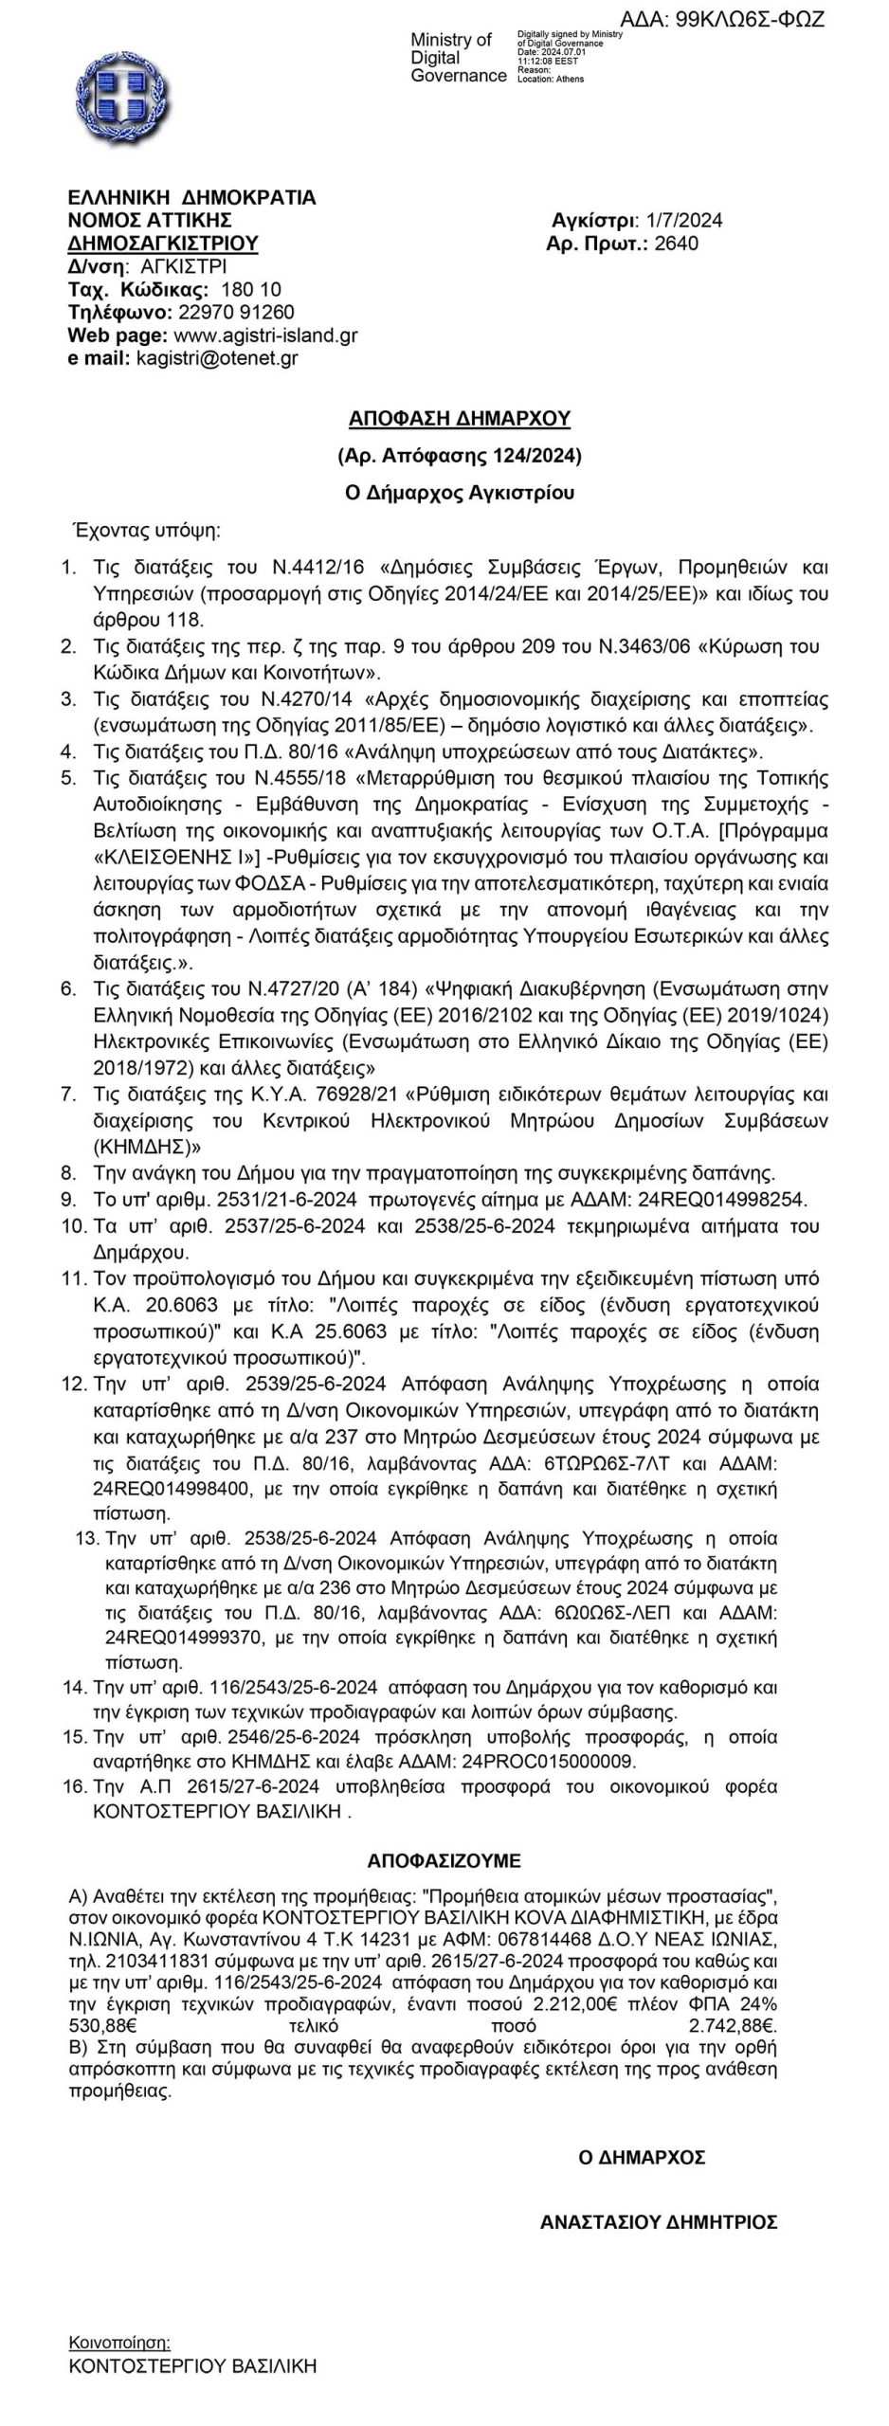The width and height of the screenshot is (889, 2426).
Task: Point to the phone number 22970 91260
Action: coord(237,312)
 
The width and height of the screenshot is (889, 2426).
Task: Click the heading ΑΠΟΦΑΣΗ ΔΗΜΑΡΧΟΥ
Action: coord(460,418)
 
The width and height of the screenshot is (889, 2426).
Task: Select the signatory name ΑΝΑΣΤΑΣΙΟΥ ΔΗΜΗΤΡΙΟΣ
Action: coord(659,2221)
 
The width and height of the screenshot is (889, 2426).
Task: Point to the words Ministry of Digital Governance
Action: coord(458,57)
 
